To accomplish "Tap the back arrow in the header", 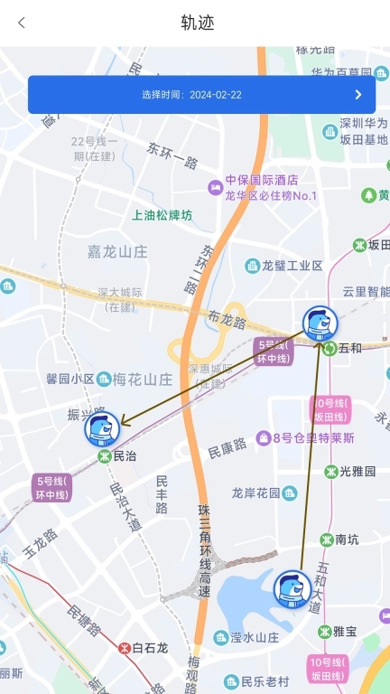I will tap(22, 23).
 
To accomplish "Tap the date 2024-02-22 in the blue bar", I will tap(215, 95).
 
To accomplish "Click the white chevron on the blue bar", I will tap(358, 94).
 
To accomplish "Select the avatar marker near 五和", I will tap(320, 324).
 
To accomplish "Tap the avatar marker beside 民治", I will tap(102, 428).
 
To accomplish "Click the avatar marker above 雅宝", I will tap(292, 589).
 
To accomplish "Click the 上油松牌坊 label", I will tap(162, 215).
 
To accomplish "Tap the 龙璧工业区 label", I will tap(291, 266).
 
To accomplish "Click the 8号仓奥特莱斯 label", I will tap(312, 438).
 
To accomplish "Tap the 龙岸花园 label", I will tap(256, 492).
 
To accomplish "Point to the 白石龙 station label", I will tap(150, 648).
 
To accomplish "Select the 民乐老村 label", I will tap(264, 681).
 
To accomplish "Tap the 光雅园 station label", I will tap(357, 471).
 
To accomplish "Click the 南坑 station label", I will tap(346, 539).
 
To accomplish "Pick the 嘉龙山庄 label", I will tap(117, 252).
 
